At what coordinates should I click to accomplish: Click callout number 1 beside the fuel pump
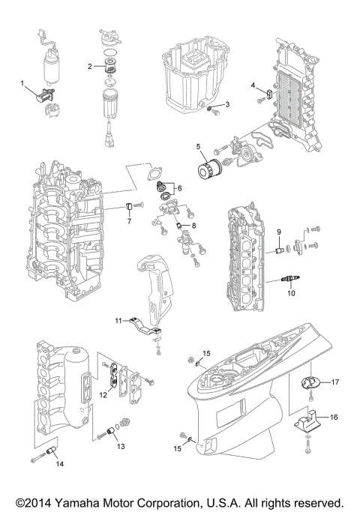(x=22, y=82)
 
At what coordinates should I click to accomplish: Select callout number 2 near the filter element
(x=90, y=66)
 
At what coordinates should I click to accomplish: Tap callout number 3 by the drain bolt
(x=227, y=104)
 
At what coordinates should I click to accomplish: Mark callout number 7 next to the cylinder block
(x=128, y=222)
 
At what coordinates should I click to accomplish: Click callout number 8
(x=193, y=225)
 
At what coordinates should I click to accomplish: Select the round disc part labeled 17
(x=310, y=382)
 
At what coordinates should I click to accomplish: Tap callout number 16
(x=334, y=417)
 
